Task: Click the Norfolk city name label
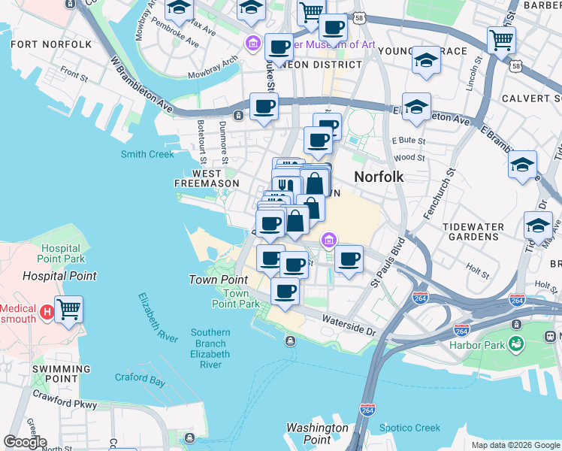click(x=379, y=177)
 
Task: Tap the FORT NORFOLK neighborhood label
click(x=52, y=44)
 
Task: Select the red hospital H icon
click(x=47, y=308)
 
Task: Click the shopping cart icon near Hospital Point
click(x=68, y=308)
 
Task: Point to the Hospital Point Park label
click(x=61, y=253)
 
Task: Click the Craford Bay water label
click(x=140, y=381)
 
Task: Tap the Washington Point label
click(x=317, y=433)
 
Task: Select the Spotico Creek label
click(x=410, y=428)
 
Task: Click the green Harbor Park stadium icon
click(x=515, y=344)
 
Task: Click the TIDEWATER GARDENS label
click(x=481, y=232)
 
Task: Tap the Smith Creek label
click(x=147, y=154)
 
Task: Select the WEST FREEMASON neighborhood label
click(x=207, y=178)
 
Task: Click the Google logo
click(x=25, y=441)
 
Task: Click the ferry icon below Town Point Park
click(x=291, y=341)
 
